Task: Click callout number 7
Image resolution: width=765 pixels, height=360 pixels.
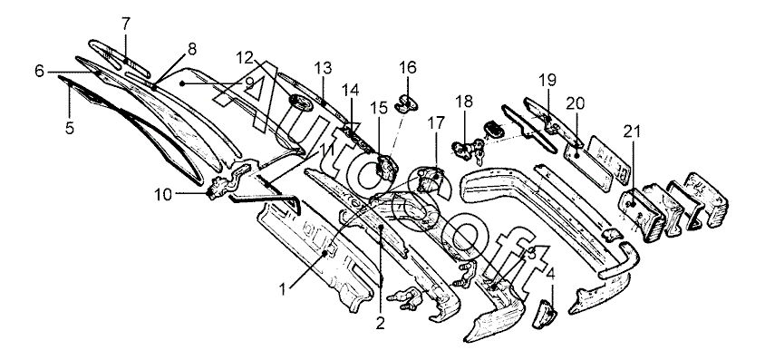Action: [x=126, y=23]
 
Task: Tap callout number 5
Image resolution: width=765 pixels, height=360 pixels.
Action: [x=69, y=128]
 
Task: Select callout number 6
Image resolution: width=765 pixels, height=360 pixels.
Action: [x=39, y=72]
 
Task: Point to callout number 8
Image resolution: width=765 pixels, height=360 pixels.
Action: [x=192, y=49]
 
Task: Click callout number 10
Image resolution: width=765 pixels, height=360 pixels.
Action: [x=164, y=195]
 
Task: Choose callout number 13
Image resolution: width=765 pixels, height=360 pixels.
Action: [x=323, y=68]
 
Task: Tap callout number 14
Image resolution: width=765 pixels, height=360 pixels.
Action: [x=350, y=91]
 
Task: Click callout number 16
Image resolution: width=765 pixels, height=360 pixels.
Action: [x=408, y=67]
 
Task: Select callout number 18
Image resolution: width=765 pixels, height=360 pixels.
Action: [x=464, y=102]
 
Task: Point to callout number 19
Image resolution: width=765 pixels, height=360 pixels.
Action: [x=547, y=80]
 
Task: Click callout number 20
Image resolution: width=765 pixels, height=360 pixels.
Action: [x=576, y=104]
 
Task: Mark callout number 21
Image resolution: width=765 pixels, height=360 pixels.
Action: [x=633, y=131]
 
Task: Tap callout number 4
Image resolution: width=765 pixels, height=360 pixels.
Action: [x=551, y=273]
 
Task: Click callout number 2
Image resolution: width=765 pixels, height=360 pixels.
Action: [x=380, y=323]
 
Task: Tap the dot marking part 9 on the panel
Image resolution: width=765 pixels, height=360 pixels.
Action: [x=182, y=84]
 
